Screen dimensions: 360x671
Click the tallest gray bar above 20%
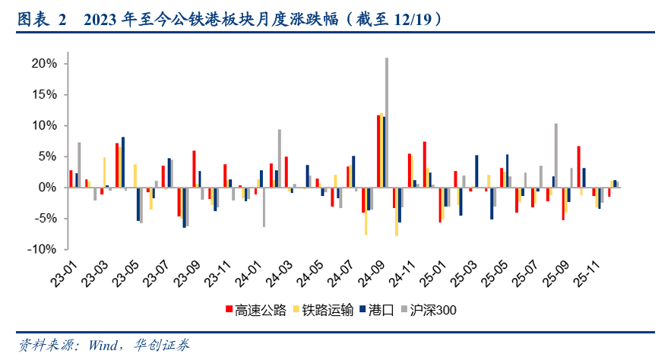pos(387,122)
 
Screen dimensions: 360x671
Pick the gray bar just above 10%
pos(556,155)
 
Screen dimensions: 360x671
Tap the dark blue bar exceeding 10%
pos(385,151)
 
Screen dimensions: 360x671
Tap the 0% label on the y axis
pos(48,188)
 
